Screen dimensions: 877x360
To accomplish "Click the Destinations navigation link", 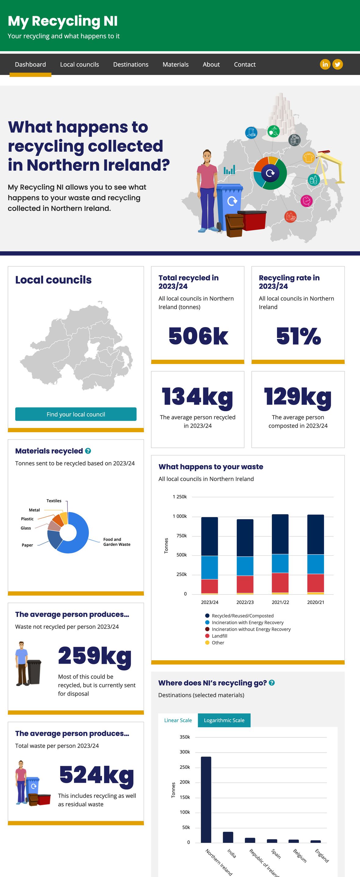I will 131,64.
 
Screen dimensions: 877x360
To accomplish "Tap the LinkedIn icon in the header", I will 325,64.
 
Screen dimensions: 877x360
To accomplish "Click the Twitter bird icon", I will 337,64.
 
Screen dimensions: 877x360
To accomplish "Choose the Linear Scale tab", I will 178,720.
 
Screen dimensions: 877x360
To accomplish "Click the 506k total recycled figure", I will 198,336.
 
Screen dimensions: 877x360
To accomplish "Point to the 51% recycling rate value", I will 298,336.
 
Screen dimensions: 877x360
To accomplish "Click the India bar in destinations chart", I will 228,837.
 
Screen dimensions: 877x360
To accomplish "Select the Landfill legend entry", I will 219,636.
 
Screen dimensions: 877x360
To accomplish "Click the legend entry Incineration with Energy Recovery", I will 247,622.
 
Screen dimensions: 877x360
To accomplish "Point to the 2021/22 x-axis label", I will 280,602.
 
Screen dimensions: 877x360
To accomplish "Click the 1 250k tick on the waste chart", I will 179,497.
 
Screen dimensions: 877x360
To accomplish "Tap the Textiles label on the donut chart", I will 54,501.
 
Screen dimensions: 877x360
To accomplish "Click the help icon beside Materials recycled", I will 88,451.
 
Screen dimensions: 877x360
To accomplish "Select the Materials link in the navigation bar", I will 175,64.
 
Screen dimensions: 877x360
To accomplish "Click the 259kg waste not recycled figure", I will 95,655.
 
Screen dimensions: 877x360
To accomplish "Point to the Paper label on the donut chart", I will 27,545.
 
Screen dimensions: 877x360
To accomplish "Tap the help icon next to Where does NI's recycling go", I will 272,683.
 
